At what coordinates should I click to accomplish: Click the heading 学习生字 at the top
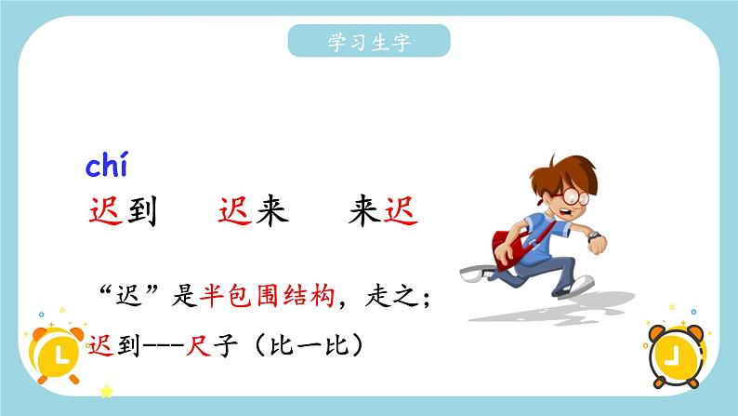[369, 42]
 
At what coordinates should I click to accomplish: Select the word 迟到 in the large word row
[121, 211]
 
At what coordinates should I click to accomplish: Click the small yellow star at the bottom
[106, 393]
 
